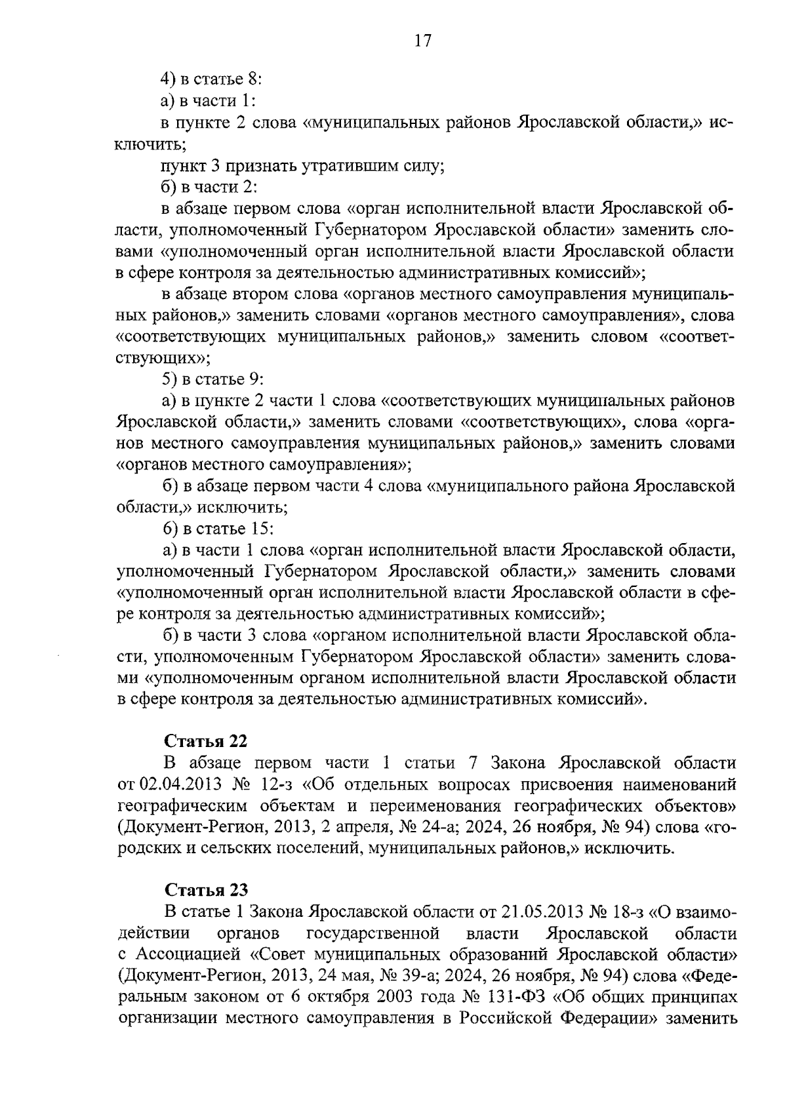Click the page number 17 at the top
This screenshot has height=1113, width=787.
tap(422, 41)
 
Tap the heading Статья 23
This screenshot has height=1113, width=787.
tap(205, 890)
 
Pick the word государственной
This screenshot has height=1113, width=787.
tap(372, 933)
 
